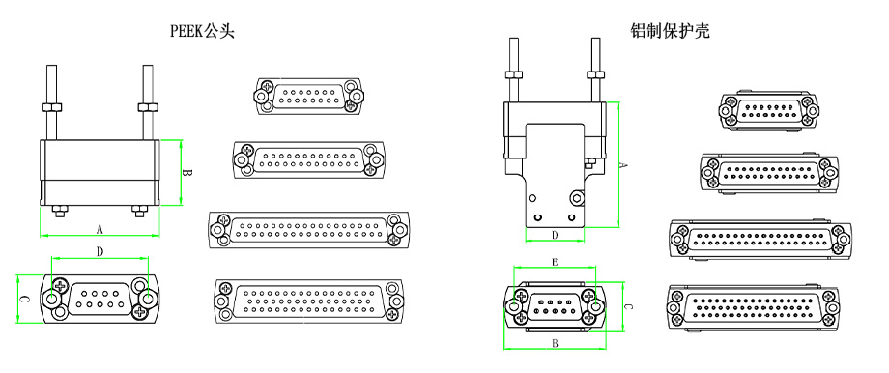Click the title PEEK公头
click(x=202, y=31)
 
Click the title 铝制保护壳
click(x=670, y=31)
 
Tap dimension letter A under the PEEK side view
click(x=100, y=229)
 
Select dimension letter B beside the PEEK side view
click(x=190, y=173)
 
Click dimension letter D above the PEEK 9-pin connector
click(x=100, y=252)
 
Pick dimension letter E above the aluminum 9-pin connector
click(x=555, y=262)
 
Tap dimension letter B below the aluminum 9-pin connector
click(x=555, y=343)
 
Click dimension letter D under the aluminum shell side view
click(x=555, y=234)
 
